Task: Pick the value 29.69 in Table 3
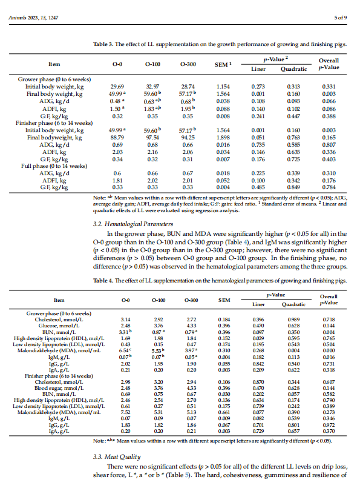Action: (117, 87)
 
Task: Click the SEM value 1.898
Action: (224, 138)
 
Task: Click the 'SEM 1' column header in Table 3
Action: (224, 64)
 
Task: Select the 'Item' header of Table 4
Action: (59, 299)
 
